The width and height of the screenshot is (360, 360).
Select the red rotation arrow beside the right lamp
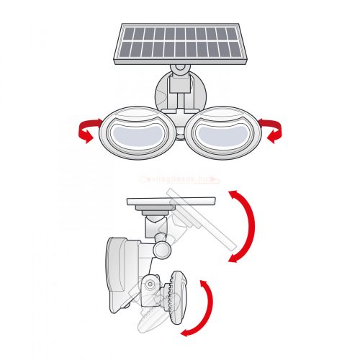coord(274,130)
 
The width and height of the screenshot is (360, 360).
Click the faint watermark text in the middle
coord(179,182)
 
